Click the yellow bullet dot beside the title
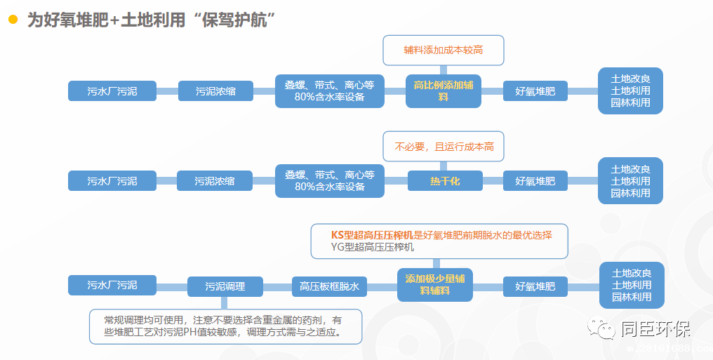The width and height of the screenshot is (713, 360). pyautogui.click(x=13, y=20)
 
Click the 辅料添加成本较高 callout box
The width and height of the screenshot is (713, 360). pyautogui.click(x=444, y=51)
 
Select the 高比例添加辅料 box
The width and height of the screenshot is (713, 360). pyautogui.click(x=444, y=91)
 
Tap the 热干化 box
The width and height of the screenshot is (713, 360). pyautogui.click(x=445, y=181)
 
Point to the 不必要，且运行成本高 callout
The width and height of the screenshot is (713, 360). pyautogui.click(x=444, y=147)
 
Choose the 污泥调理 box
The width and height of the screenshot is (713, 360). pyautogui.click(x=225, y=286)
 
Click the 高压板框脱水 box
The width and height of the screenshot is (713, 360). pyautogui.click(x=329, y=286)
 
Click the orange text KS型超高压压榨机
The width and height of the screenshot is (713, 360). pyautogui.click(x=372, y=235)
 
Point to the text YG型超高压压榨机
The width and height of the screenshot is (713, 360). pyautogui.click(x=373, y=247)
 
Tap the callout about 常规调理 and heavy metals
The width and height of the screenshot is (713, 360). pyautogui.click(x=225, y=326)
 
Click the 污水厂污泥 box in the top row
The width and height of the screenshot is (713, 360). pyautogui.click(x=112, y=91)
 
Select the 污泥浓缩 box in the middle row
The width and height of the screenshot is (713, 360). pyautogui.click(x=215, y=181)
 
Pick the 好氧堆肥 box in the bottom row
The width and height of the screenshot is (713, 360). pyautogui.click(x=535, y=286)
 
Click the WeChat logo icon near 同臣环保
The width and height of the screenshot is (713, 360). pyautogui.click(x=602, y=328)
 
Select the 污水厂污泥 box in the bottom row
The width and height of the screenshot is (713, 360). pyautogui.click(x=112, y=286)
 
